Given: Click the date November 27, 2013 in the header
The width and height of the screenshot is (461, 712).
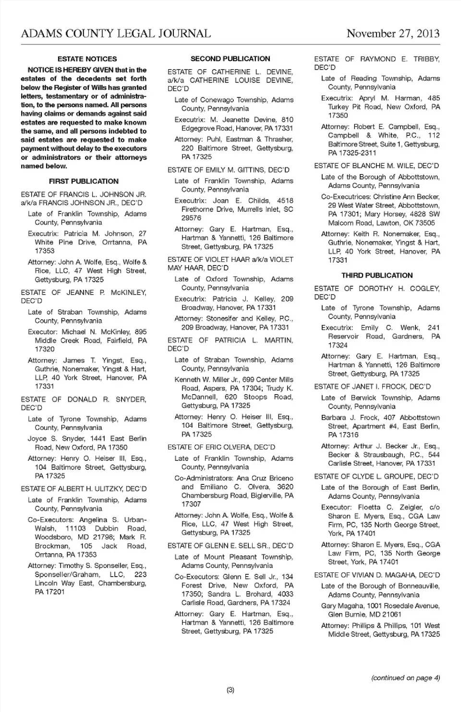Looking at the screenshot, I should pyautogui.click(x=393, y=33).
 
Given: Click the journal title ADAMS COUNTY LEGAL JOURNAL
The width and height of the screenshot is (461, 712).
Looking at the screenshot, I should pyautogui.click(x=116, y=33).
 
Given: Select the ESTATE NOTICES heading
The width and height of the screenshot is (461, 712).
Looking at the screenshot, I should pyautogui.click(x=87, y=59).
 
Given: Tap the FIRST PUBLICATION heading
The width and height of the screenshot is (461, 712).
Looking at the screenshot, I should pyautogui.click(x=84, y=181).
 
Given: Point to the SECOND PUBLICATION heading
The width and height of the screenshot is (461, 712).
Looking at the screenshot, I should pyautogui.click(x=230, y=59).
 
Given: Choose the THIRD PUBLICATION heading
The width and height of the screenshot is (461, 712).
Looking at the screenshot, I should pyautogui.click(x=377, y=275).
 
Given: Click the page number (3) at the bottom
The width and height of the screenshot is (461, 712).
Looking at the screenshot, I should pyautogui.click(x=230, y=690).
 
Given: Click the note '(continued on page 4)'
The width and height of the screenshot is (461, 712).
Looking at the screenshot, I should pyautogui.click(x=405, y=678).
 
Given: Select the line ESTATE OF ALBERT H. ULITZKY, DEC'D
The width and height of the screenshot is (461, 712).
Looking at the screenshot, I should pyautogui.click(x=84, y=489).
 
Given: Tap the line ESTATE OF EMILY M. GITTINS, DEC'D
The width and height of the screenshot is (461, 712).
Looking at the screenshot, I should pyautogui.click(x=228, y=169).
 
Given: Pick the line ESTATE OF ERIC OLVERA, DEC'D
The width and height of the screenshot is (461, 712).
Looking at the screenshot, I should pyautogui.click(x=221, y=447).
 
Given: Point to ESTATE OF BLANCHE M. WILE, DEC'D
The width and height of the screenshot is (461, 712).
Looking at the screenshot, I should pyautogui.click(x=376, y=166).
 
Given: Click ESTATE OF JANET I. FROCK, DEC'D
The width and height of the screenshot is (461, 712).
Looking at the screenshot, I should pyautogui.click(x=372, y=386).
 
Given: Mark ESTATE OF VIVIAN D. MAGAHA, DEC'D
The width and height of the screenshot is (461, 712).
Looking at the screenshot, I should pyautogui.click(x=377, y=575).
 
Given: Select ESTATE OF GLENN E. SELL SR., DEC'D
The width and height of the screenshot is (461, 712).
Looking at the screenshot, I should pyautogui.click(x=230, y=546).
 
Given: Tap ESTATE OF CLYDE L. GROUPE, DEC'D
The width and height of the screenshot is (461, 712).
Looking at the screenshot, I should pyautogui.click(x=376, y=476).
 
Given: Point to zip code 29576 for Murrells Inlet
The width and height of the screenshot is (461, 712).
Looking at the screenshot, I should pyautogui.click(x=191, y=218).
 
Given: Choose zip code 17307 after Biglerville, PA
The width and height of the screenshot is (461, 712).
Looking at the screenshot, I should pyautogui.click(x=191, y=504).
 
